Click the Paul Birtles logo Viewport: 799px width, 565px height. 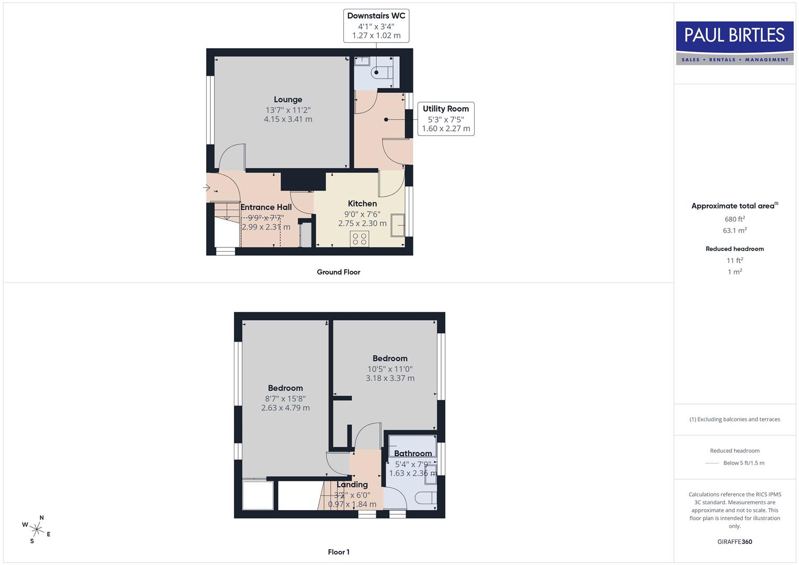735,43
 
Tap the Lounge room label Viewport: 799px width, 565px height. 288,99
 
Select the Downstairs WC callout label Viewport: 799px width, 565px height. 376,16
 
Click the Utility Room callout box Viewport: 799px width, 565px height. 446,119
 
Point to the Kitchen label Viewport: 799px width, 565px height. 362,204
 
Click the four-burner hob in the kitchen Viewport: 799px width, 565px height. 359,239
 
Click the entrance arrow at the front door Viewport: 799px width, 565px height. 206,187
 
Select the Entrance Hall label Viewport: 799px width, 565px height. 266,207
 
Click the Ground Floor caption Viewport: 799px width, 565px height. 339,272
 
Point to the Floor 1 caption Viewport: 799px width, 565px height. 339,552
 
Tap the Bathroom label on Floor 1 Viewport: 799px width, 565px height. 413,454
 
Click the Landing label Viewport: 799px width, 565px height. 352,484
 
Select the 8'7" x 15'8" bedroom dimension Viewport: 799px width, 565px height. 285,399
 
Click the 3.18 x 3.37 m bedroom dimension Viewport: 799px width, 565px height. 390,378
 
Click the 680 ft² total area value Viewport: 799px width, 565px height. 734,219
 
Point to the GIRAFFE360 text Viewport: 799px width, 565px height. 734,541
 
